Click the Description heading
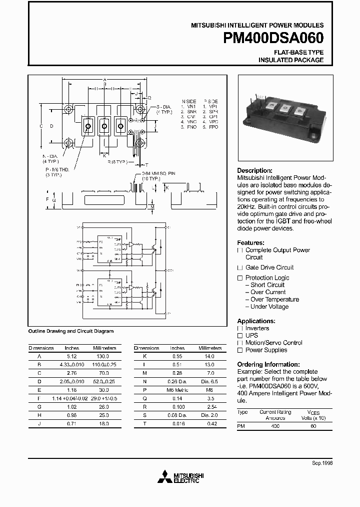[254, 170]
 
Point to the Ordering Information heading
[268, 364]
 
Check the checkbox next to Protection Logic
[240, 278]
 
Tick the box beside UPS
[240, 336]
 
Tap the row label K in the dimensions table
[144, 356]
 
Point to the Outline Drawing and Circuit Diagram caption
[70, 331]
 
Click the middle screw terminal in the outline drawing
[104, 125]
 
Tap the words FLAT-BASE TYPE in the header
[298, 52]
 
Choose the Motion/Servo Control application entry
[273, 343]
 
